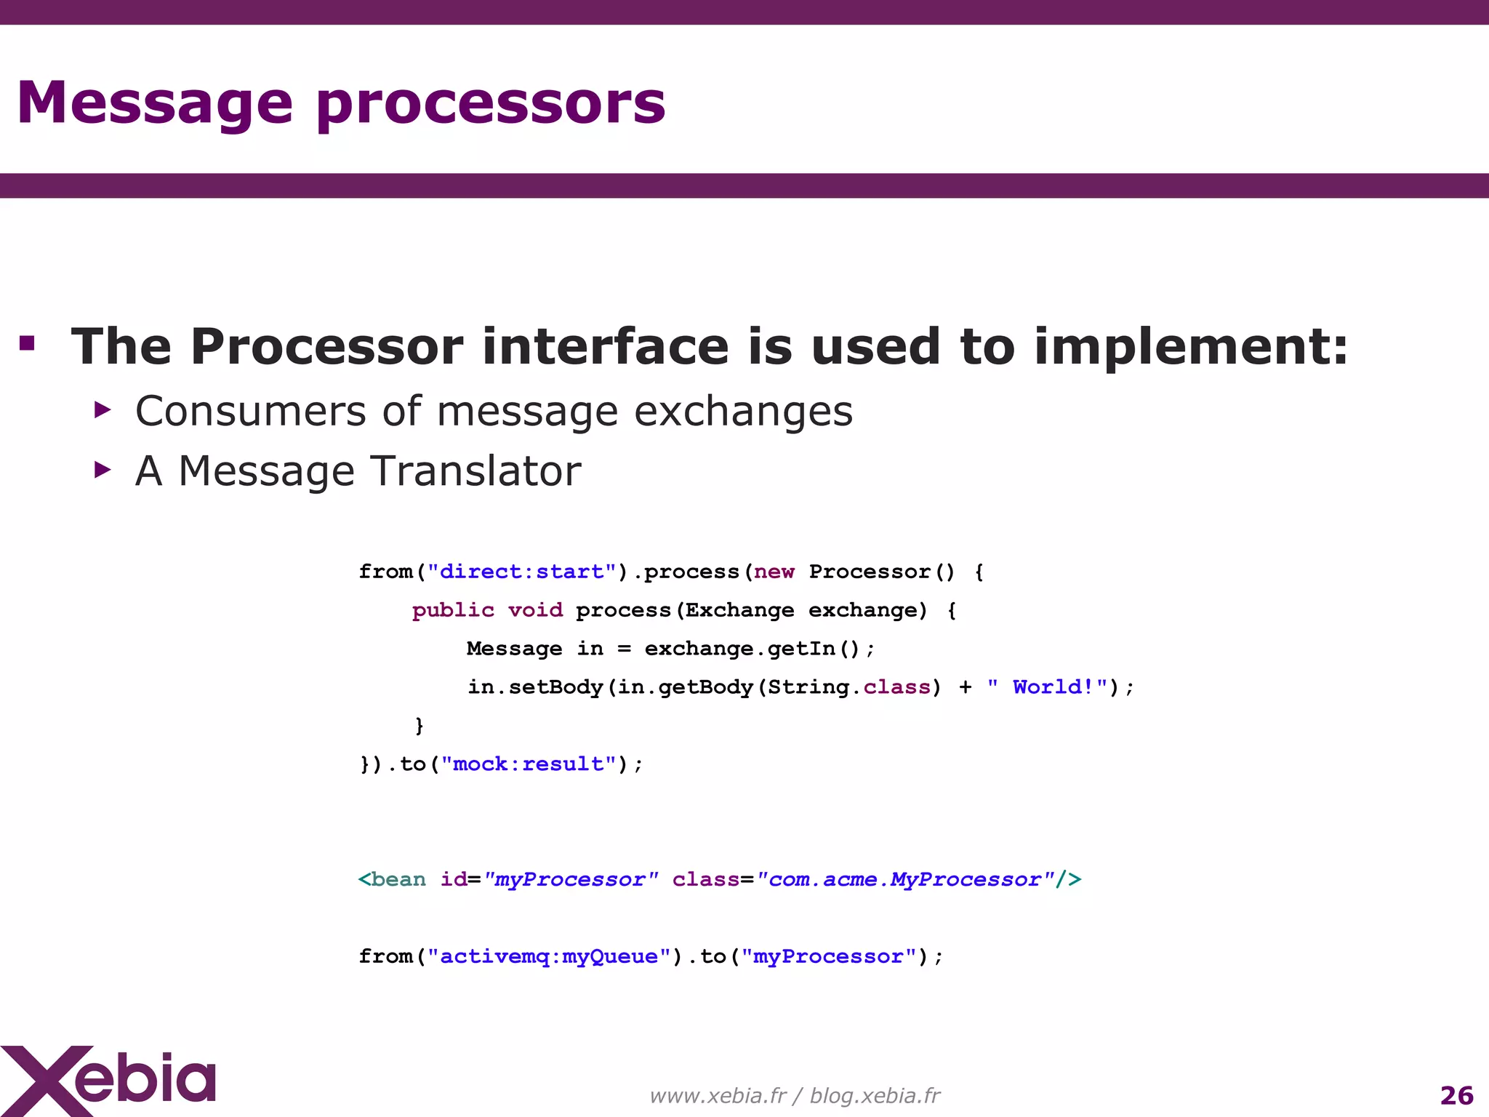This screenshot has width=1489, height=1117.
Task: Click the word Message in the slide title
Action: (x=154, y=104)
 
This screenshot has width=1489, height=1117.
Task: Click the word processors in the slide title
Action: (x=491, y=104)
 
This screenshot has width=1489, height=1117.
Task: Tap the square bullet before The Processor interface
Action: (x=28, y=343)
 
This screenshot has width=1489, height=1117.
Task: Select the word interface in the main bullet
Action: (x=605, y=346)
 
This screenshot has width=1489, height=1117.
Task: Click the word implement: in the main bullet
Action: (x=1191, y=348)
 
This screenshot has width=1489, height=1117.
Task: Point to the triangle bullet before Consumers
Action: (x=103, y=410)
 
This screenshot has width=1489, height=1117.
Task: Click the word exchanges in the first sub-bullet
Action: (x=743, y=412)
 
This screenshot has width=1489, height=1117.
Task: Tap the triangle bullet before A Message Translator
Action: (x=103, y=470)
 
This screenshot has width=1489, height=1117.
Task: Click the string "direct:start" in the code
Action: (x=522, y=572)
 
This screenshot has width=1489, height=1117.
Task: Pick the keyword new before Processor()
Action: (x=774, y=572)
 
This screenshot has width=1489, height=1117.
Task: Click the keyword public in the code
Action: (x=453, y=610)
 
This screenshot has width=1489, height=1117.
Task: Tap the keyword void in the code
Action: (x=535, y=610)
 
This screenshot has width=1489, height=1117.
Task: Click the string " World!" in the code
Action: (x=1047, y=687)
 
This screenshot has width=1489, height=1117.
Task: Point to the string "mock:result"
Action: (x=529, y=764)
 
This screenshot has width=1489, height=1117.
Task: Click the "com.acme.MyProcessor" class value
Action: (x=904, y=880)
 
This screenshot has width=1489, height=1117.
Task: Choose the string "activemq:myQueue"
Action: (x=549, y=956)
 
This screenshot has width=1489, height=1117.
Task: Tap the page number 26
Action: (x=1456, y=1095)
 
